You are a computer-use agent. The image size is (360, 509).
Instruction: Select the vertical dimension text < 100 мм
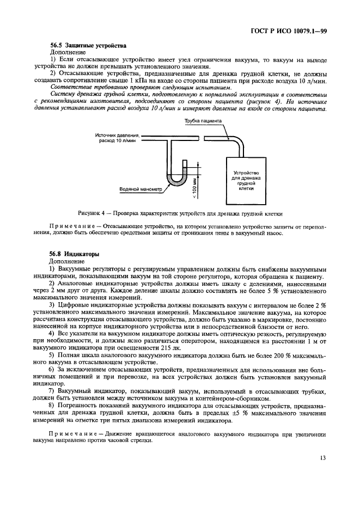(194, 187)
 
